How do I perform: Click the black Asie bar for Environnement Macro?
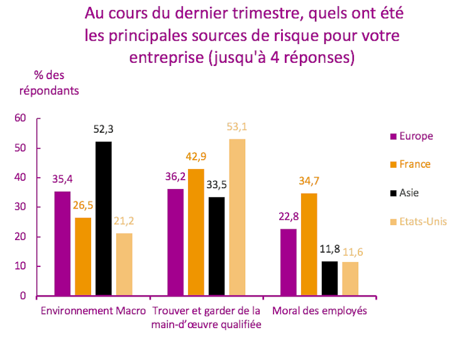(x=104, y=219)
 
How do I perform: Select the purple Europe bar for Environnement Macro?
(x=62, y=243)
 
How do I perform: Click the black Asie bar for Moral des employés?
(x=330, y=278)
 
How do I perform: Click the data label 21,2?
(x=124, y=221)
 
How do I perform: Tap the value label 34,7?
(x=309, y=181)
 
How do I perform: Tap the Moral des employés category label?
(x=319, y=311)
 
